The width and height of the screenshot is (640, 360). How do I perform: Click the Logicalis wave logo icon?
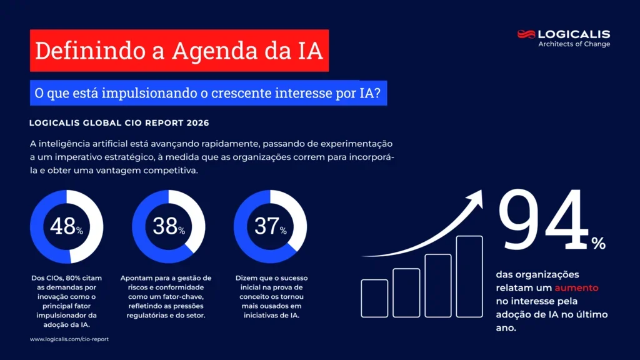point(526,34)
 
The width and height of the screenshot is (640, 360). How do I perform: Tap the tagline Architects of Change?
point(574,44)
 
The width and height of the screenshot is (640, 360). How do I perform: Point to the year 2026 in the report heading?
point(197,123)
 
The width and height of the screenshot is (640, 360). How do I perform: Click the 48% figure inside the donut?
point(66,226)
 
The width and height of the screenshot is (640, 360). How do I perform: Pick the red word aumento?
point(576,288)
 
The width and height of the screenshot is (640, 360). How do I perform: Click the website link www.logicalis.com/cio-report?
point(64,339)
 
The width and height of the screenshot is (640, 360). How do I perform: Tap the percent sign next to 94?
point(599,243)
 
